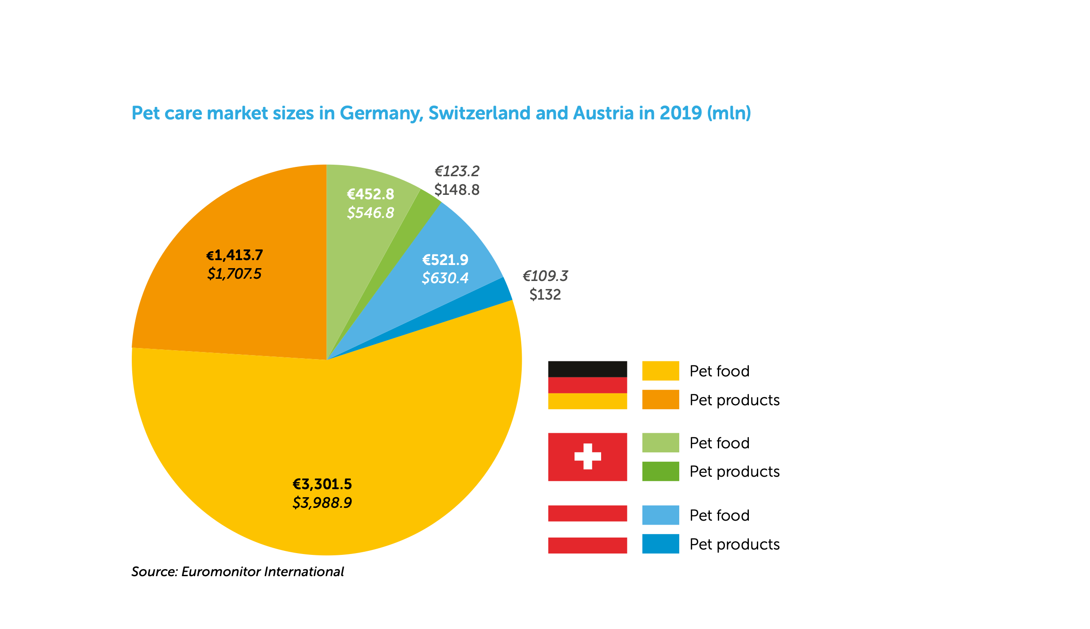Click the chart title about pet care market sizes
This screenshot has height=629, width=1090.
[x=441, y=113]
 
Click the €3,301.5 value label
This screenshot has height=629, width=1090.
[x=322, y=484]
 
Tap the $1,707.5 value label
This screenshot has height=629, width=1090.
[x=234, y=274]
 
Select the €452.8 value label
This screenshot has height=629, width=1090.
[x=370, y=194]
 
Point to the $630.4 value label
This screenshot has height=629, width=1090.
[x=445, y=278]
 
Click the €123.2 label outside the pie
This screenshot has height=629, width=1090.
[x=457, y=171]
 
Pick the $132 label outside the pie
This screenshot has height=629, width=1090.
[x=545, y=294]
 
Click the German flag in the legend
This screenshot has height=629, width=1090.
[x=587, y=385]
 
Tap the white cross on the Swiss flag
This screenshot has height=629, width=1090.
[x=587, y=456]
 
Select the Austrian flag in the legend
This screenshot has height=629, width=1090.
[x=587, y=529]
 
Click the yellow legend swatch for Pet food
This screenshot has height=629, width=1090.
[x=661, y=371]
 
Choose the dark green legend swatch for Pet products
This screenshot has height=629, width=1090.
[x=661, y=471]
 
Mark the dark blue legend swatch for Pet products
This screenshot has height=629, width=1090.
[x=661, y=544]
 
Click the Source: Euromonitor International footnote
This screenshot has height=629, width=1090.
[x=237, y=572]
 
